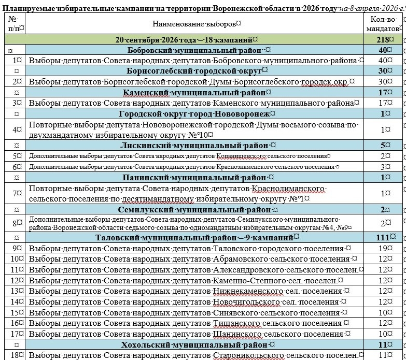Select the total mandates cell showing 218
pos(384,40)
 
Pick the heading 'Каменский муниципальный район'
pos(194,93)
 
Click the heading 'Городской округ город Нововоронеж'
pos(194,114)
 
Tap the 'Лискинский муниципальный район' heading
pos(195,146)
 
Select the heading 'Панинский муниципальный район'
pos(195,178)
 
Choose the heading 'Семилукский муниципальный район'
pos(195,210)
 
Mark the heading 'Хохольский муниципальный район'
pos(195,344)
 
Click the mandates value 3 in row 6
pos(383,167)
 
